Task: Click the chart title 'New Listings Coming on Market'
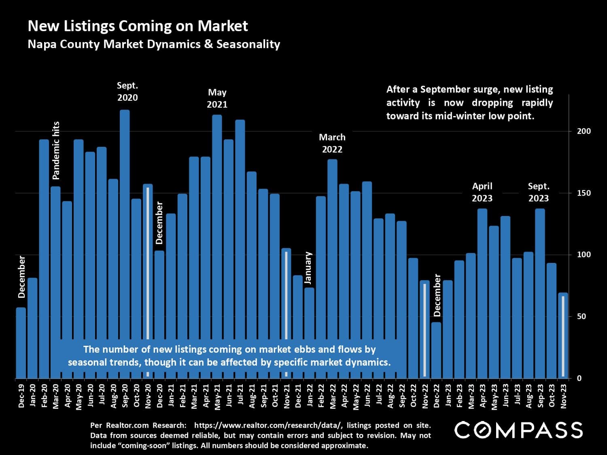coord(138,26)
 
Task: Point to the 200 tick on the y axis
coord(584,131)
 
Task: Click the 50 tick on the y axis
coord(581,316)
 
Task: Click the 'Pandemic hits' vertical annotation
coord(56,150)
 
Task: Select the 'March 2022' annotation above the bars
coord(332,143)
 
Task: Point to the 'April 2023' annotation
coord(482,192)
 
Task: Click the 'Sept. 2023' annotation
coord(539,192)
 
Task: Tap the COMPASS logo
coord(518,430)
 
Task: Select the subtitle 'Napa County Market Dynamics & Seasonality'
coord(154,44)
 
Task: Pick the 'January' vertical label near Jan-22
coord(308,268)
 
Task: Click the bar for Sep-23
coord(540,291)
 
